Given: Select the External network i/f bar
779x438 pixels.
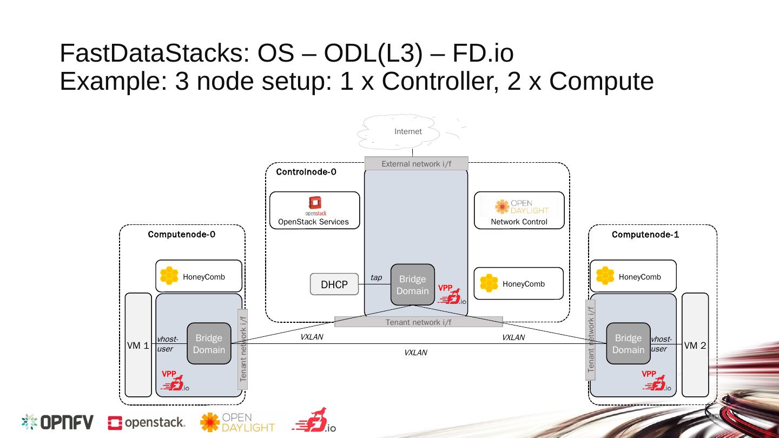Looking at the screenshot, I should (416, 164).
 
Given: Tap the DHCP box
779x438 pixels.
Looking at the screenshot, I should (334, 284).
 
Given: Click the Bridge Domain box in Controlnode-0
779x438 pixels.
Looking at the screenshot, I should (413, 285).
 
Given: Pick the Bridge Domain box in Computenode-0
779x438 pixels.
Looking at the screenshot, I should (209, 344).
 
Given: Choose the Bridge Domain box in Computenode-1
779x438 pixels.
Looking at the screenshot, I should (628, 344).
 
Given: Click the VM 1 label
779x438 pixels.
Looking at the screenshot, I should (137, 346).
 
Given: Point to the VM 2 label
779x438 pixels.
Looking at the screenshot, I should (695, 346).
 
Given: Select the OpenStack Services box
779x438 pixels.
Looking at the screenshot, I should (314, 210).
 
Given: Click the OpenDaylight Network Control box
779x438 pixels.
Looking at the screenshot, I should (519, 210).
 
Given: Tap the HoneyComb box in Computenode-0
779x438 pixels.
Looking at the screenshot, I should (198, 276).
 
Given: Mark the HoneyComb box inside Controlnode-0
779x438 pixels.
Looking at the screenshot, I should (518, 283).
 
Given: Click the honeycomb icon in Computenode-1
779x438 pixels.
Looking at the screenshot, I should (605, 276).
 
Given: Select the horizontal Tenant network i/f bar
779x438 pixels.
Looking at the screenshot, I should (418, 322).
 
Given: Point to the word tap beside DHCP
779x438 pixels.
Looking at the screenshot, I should (376, 278).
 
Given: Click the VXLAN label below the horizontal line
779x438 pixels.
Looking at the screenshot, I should (415, 353).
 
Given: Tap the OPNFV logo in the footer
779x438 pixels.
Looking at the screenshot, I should (57, 422).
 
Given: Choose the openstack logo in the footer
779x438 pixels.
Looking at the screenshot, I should (147, 423).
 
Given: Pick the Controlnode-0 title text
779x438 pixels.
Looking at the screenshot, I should (306, 172).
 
